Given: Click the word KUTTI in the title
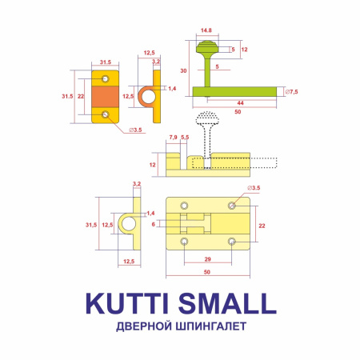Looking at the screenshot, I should (x=127, y=303).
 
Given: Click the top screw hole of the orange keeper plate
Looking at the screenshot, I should (x=106, y=78).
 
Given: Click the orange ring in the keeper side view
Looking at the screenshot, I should (x=148, y=97).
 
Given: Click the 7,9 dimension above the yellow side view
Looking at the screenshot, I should (x=174, y=138).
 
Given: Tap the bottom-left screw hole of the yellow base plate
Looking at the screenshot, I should (x=185, y=240).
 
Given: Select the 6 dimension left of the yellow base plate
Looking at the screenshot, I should (x=153, y=224).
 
